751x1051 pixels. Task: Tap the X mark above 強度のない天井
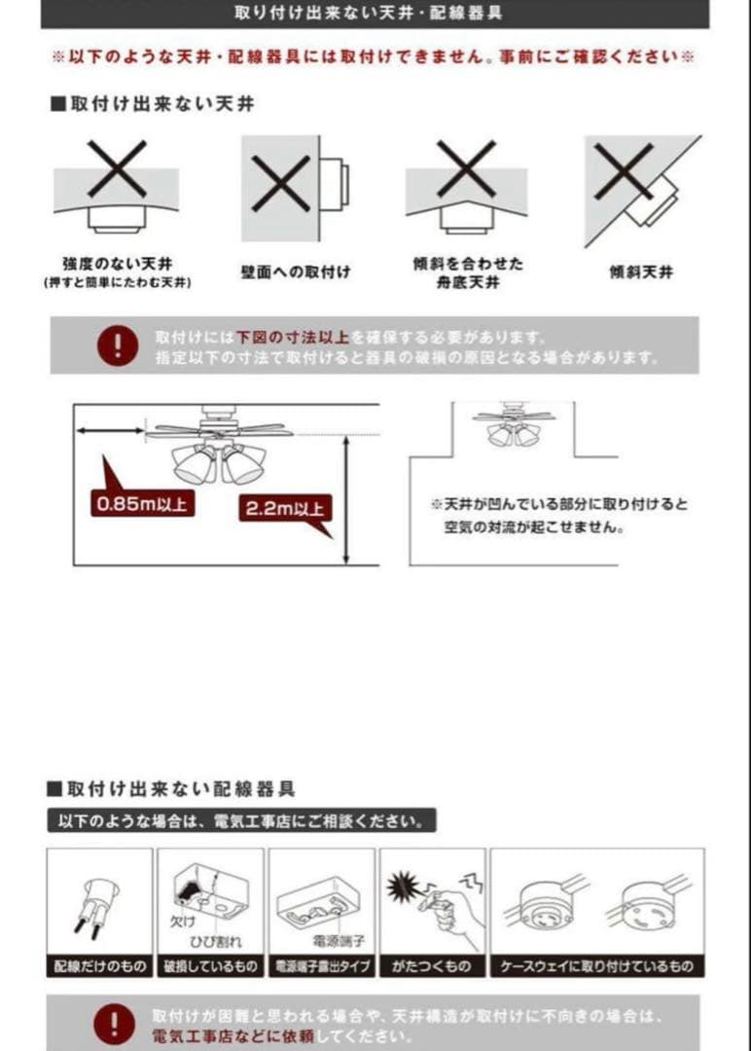click(117, 168)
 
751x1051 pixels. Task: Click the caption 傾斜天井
click(641, 272)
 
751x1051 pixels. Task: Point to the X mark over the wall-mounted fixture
click(280, 183)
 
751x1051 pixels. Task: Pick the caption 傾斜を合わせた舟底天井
click(467, 272)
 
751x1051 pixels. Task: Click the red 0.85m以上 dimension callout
click(142, 504)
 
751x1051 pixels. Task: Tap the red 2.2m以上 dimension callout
click(284, 508)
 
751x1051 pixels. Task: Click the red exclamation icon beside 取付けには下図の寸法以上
click(118, 345)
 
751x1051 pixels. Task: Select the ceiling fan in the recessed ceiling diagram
click(514, 425)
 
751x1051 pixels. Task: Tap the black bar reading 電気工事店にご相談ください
click(241, 821)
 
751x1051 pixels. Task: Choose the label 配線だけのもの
click(99, 966)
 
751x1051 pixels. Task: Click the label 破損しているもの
click(210, 966)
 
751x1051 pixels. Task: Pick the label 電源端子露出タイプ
click(321, 966)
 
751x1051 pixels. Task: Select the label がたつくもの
click(432, 966)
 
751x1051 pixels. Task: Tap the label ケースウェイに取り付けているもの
click(597, 966)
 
